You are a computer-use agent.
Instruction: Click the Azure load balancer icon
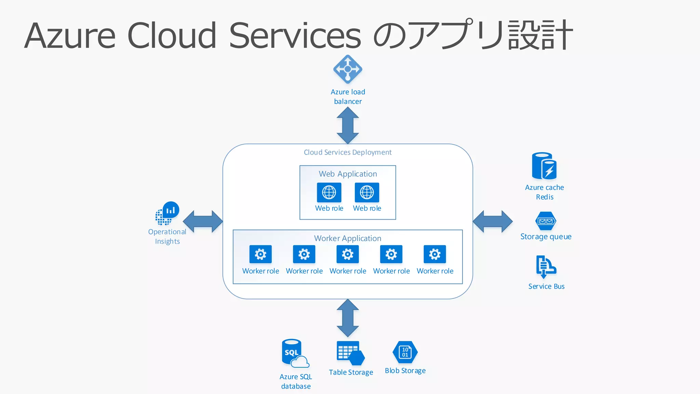tap(348, 69)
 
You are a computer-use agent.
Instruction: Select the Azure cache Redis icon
tap(544, 166)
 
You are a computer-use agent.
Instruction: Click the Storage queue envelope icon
tap(546, 221)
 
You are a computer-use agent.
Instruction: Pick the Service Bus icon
tap(546, 267)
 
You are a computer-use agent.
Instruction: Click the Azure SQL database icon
tap(295, 353)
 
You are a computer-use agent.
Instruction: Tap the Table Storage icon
tap(350, 353)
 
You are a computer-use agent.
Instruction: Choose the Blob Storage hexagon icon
tap(405, 352)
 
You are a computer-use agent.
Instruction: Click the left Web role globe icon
tap(329, 193)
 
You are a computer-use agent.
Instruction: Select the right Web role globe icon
tap(367, 193)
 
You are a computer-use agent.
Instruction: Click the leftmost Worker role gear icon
tap(260, 254)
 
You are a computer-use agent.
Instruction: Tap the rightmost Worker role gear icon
tap(435, 254)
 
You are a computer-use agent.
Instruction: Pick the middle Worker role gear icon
tap(348, 254)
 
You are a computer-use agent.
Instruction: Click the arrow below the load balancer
tap(348, 125)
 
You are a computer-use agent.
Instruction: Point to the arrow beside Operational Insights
tap(203, 222)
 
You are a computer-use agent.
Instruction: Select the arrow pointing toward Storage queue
tap(493, 222)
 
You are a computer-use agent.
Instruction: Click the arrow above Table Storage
tap(348, 318)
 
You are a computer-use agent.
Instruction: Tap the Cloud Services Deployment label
tap(348, 152)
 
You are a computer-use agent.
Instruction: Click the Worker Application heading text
tap(348, 238)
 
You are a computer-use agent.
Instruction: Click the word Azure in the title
tap(70, 36)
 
